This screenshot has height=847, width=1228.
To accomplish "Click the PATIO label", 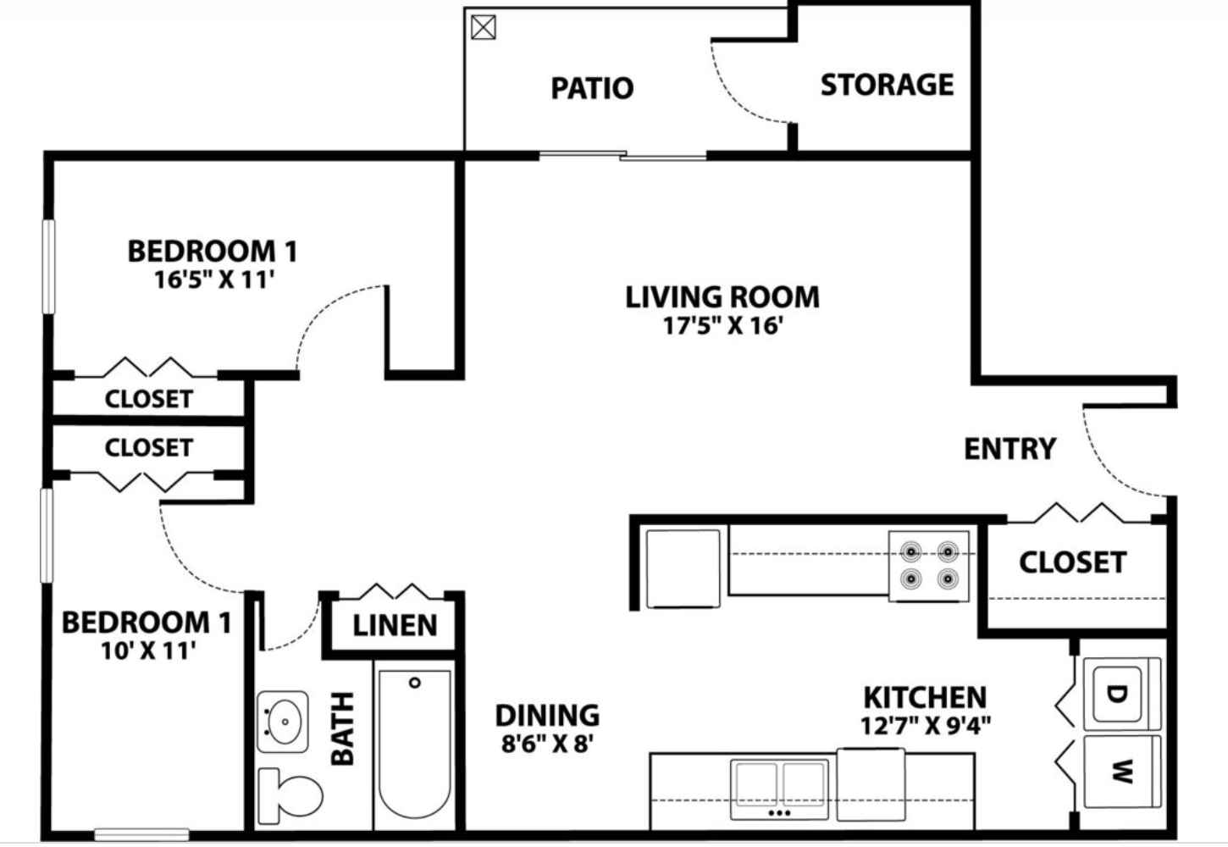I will coord(592,88).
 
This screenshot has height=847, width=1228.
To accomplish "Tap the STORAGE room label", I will coord(887,85).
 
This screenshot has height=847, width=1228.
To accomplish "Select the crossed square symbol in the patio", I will coord(483,28).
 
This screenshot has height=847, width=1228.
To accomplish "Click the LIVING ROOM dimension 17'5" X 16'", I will coord(722,325).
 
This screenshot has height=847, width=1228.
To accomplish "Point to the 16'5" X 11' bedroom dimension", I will coord(214,280).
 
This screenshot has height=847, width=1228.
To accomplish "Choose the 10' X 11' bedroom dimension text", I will coord(148,650).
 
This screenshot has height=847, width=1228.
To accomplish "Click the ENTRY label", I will coord(1010,448).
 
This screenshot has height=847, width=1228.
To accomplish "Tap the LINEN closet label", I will coord(395,626).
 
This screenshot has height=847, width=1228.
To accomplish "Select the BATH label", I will coord(342,728).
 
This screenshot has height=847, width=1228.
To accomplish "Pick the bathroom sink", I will coord(282,722).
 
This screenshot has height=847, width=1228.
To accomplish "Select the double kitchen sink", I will coord(779,788).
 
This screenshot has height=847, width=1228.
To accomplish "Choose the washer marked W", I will coord(1120,771).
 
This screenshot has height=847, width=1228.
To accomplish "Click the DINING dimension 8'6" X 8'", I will coord(547,744).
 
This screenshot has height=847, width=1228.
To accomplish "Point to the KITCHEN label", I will coord(925,697).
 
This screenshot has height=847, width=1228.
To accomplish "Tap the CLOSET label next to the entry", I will coord(1072,562).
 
